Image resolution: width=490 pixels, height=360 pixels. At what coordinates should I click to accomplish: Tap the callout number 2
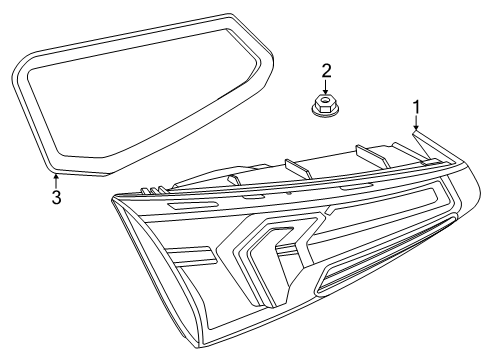(x=325, y=69)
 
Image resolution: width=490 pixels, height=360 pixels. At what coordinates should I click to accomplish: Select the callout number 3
(x=56, y=197)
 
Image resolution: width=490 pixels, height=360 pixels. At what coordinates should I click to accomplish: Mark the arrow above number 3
(x=56, y=179)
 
